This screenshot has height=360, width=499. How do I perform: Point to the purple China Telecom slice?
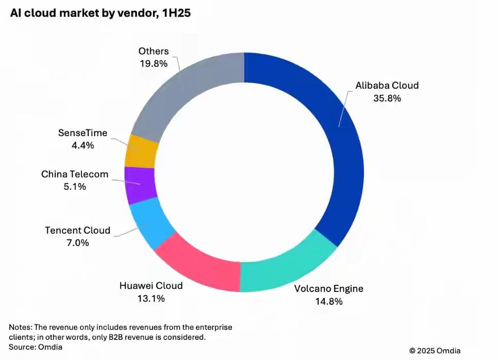140,184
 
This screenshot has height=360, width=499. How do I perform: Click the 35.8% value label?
387,99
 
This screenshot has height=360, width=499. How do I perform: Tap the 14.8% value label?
329,302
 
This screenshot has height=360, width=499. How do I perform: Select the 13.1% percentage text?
151,299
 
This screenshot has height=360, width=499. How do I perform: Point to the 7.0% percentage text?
77,243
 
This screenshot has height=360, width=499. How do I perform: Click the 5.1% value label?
75,187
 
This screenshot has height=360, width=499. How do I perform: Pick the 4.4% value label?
82,145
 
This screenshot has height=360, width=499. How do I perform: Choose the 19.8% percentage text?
153,64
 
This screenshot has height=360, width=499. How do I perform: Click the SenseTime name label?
82,133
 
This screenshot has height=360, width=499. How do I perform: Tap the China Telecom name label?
75,174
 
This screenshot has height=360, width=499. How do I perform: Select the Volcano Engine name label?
329,289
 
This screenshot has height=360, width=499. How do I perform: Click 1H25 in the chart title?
173,13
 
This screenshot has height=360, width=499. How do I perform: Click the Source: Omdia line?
35,347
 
